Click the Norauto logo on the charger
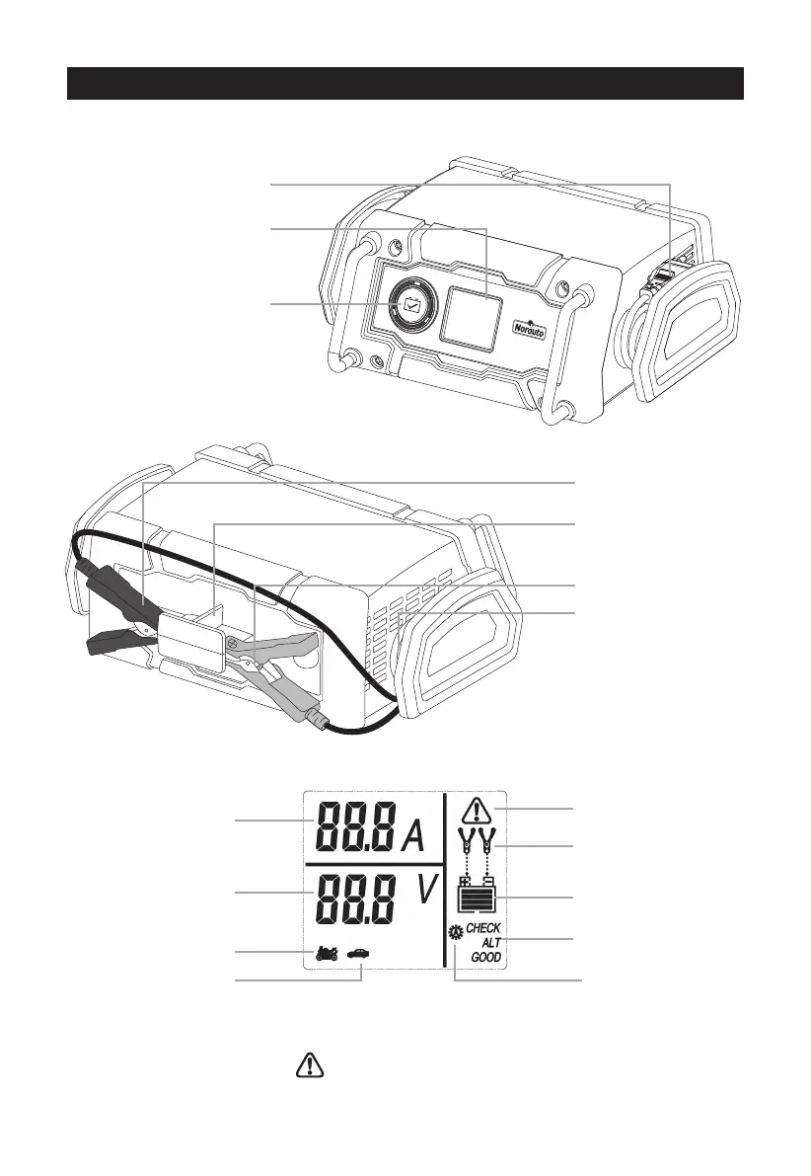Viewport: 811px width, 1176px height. coord(534,325)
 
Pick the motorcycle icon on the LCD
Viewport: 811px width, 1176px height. coord(326,954)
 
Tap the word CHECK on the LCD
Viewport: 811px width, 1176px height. coord(483,928)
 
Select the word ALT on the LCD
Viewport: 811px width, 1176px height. coord(490,943)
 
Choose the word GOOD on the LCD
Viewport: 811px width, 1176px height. coord(485,958)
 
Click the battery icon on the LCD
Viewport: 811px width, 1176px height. coord(477,896)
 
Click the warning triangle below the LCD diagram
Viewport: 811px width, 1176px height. coord(310,1064)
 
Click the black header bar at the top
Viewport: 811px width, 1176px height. coord(405,84)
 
